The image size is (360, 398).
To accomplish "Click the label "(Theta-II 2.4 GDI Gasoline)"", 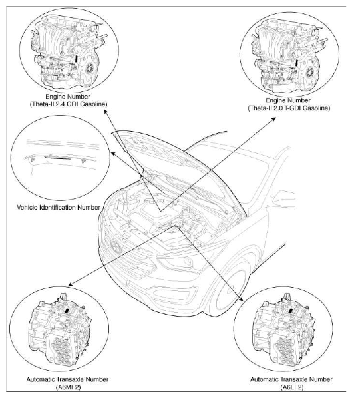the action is pos(69,104).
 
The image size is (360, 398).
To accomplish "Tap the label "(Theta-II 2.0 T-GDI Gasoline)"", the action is pos(289,108).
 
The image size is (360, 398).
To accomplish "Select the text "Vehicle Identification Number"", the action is pos(59,208).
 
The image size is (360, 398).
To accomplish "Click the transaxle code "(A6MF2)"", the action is pos(67,387).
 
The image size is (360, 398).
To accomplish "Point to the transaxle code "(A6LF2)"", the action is pos(291,387).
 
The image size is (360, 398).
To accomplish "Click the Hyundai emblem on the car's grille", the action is pos(116,246).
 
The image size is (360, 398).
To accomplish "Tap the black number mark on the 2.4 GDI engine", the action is pos(76,59).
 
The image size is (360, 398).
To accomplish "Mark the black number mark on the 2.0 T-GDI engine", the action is pos(296,63).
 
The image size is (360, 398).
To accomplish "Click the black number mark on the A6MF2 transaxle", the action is pos(67,311).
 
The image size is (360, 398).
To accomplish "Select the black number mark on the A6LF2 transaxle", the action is pos(291,311).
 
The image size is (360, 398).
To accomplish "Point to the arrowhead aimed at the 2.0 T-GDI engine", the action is pos(273,118).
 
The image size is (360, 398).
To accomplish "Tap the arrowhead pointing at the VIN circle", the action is pos(112,153).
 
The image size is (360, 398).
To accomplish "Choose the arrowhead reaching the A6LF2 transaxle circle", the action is pos(242,299).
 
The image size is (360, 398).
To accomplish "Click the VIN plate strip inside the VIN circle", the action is pos(58,158).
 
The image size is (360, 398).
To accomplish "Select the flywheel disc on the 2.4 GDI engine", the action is pos(90,68).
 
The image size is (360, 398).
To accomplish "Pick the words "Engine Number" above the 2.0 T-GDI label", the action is pos(288,100).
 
